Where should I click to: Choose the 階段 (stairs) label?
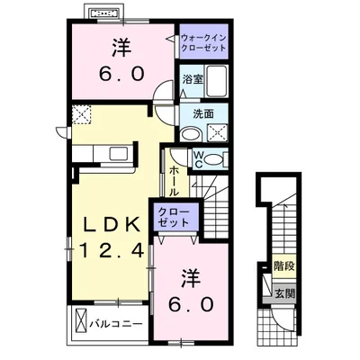(283, 266)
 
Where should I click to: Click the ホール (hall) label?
(173, 181)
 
